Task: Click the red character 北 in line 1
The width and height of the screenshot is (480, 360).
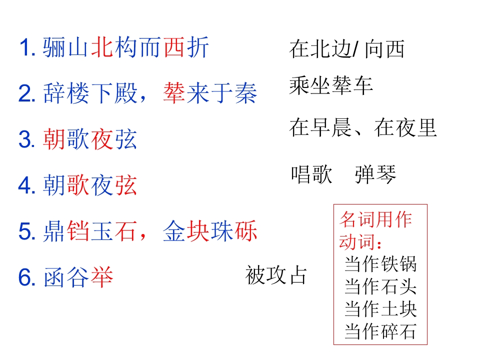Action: click(x=102, y=47)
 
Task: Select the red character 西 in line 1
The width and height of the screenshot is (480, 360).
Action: click(x=174, y=47)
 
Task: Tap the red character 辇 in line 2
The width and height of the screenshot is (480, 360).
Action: click(x=174, y=93)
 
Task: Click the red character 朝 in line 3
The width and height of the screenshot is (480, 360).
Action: click(x=54, y=139)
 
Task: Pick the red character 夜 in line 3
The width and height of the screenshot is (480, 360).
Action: click(x=102, y=139)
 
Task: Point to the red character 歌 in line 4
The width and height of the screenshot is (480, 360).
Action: click(x=78, y=185)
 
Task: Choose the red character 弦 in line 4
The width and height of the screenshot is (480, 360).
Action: click(x=126, y=185)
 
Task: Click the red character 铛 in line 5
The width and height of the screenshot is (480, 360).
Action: click(x=78, y=231)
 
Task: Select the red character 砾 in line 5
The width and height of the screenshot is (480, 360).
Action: click(x=246, y=231)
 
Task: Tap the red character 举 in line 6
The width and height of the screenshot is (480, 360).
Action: click(x=102, y=277)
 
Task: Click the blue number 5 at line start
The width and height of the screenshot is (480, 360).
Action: click(x=24, y=231)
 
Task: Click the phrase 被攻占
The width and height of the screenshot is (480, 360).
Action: click(x=276, y=275)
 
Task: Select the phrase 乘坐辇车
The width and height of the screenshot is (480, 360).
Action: click(x=331, y=85)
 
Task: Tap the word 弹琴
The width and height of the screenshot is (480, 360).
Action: click(x=375, y=174)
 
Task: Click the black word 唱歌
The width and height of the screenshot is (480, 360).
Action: click(x=311, y=174)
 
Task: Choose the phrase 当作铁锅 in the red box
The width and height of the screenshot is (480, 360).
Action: click(x=380, y=264)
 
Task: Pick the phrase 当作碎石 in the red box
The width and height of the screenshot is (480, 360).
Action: click(x=380, y=331)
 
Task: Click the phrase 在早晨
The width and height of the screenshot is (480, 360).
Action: click(x=320, y=127)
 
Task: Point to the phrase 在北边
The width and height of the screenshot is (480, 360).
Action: click(x=320, y=49)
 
